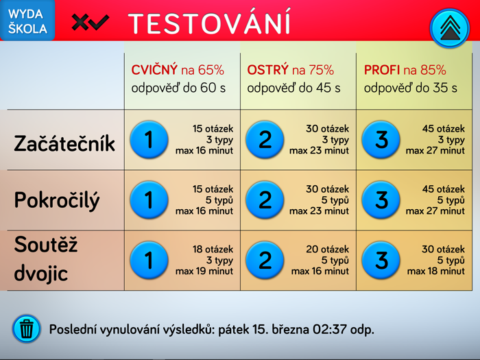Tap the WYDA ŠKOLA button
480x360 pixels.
pos(27,21)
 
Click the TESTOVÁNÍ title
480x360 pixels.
pos(209,23)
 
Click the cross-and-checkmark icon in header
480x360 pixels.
pos(90,23)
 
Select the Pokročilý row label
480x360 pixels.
pos(57,200)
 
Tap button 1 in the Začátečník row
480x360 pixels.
pos(149,140)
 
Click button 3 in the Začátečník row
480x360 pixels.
pos(381,140)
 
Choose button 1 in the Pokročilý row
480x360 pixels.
pos(149,200)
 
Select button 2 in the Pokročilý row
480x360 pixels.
pos(265,200)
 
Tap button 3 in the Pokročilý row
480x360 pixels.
pos(381,200)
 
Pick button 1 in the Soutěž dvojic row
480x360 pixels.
pos(149,260)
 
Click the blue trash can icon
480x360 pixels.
pos(27,329)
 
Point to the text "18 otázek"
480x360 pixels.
pos(213,250)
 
